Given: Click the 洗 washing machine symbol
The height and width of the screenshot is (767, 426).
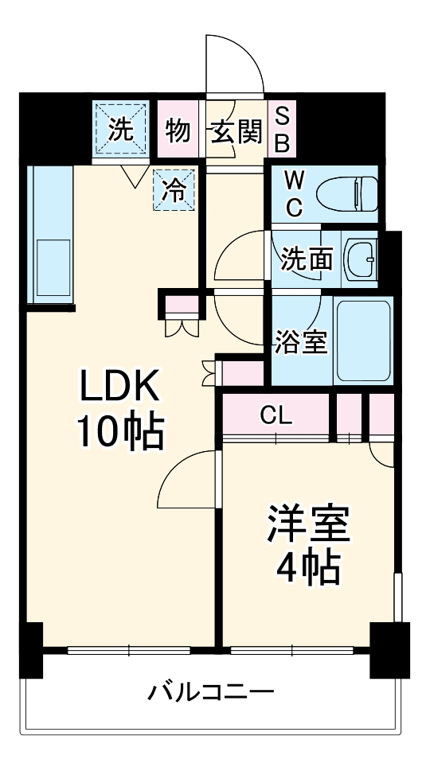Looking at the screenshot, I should pos(119,130).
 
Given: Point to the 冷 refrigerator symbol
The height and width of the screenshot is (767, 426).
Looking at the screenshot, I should pos(174,190).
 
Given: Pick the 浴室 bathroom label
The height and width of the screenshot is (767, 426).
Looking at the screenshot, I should pos(301,341).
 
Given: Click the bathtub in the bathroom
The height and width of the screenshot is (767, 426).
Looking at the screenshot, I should pos(362,341).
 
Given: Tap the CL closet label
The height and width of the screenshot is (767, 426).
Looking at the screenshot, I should pos(276,415).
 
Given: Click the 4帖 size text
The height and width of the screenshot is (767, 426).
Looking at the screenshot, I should pos(308,567).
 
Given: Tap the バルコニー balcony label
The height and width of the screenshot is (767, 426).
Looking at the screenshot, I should pos(211,691).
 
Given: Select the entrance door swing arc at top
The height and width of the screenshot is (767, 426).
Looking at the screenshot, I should pos(235,64).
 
